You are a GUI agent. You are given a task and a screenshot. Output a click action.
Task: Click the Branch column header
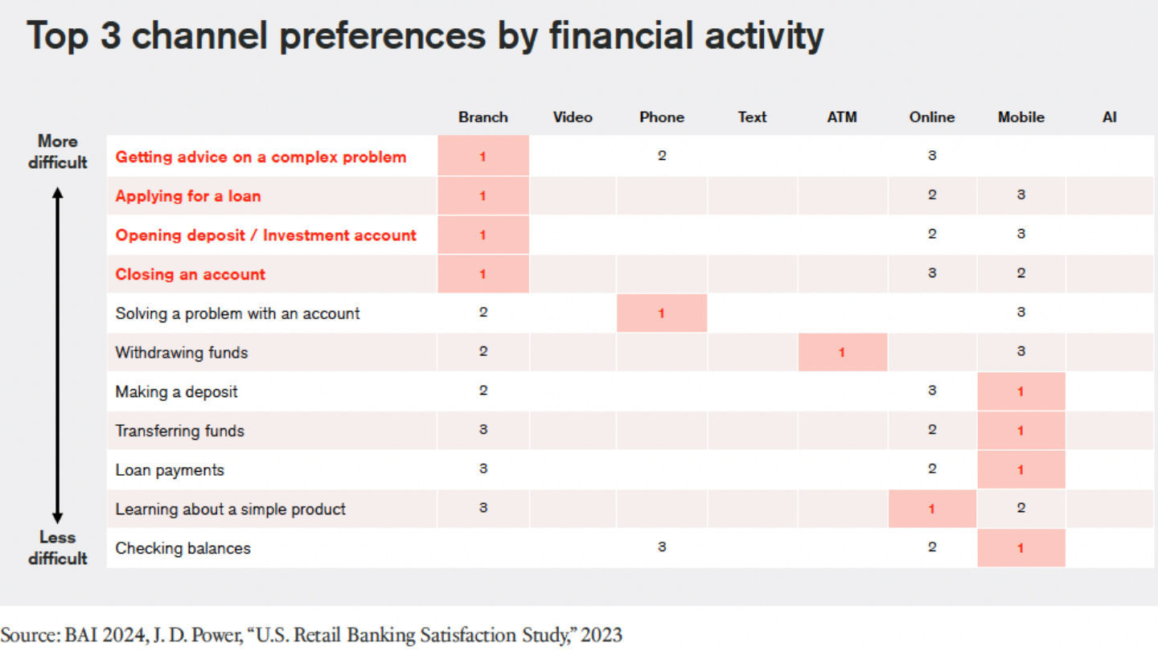coord(483,117)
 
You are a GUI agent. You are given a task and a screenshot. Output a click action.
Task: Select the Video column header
coord(573,117)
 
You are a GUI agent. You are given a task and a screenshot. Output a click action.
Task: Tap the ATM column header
coord(842,117)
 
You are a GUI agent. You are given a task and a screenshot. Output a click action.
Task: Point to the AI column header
coord(1110,117)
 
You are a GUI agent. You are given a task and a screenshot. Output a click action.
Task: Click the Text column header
coord(752,117)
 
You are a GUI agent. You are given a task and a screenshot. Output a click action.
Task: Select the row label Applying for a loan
coord(188,196)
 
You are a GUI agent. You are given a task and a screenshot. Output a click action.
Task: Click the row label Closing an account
coord(190,274)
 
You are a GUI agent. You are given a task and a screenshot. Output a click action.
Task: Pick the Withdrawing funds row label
coord(182,352)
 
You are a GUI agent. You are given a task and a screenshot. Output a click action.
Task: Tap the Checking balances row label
coord(183,548)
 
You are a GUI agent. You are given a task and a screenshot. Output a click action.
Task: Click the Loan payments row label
coord(170,470)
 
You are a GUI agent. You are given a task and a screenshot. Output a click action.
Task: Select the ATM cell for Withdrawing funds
coord(842,352)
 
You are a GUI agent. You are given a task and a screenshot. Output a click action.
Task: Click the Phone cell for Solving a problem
coord(662,313)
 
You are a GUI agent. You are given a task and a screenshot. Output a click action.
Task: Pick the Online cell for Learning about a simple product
coord(932,509)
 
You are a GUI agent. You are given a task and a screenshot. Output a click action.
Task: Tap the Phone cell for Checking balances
coord(662,548)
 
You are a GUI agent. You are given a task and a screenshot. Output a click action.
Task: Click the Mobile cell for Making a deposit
coord(1020,391)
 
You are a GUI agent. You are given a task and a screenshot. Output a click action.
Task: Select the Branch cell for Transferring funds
coord(483,430)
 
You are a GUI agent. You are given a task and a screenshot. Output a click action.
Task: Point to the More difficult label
coord(57,152)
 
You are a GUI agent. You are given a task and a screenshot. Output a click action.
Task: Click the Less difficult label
coord(57,547)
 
